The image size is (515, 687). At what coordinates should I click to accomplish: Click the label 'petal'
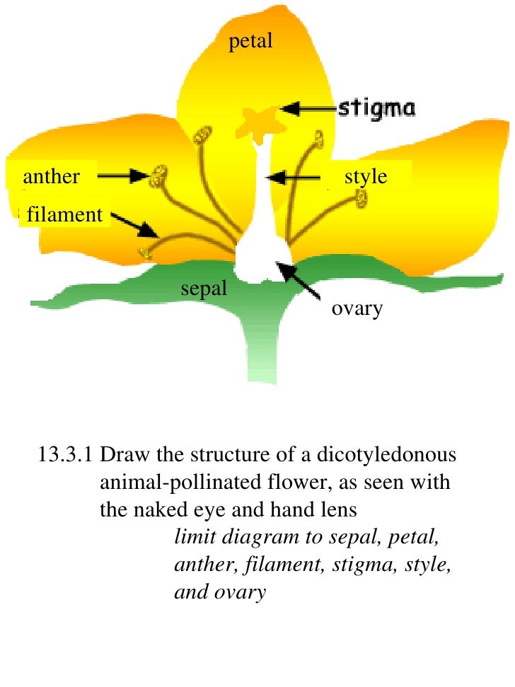pyautogui.click(x=250, y=42)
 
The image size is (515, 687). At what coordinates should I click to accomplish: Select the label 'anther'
pyautogui.click(x=51, y=176)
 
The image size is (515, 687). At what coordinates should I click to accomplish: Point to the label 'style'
pyautogui.click(x=366, y=176)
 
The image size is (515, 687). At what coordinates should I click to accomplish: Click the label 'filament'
pyautogui.click(x=64, y=214)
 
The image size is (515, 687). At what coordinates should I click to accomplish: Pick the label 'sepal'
pyautogui.click(x=204, y=288)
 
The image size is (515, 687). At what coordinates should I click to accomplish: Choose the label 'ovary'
pyautogui.click(x=357, y=308)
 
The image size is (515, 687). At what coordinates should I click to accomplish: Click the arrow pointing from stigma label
pyautogui.click(x=308, y=108)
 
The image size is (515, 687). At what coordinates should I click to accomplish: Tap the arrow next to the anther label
pyautogui.click(x=123, y=176)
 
